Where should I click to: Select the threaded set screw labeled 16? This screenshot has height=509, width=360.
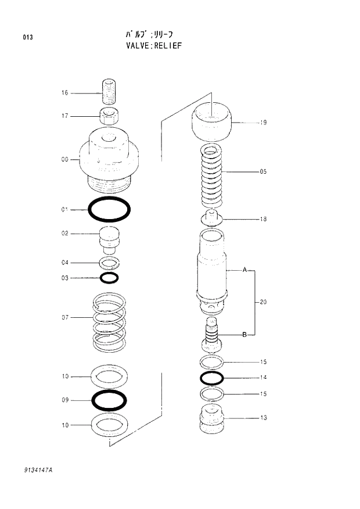(x=109, y=92)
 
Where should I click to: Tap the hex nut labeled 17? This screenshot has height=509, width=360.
(x=109, y=116)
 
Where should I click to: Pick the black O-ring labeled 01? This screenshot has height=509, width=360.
(x=109, y=209)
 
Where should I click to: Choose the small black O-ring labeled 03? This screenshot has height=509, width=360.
(x=109, y=278)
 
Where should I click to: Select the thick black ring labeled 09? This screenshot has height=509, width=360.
(x=109, y=400)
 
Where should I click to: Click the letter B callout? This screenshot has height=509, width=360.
(x=244, y=335)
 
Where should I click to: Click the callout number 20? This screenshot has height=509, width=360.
(x=263, y=302)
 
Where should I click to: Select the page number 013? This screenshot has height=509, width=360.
(x=28, y=38)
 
